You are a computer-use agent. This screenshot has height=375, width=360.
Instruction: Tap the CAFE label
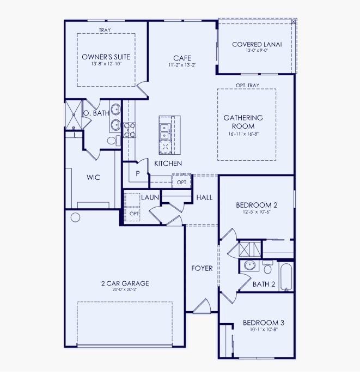[x=181, y=58]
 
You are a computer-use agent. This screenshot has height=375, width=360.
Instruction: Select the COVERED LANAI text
[x=257, y=45]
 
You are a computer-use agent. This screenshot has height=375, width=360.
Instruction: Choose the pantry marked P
[x=138, y=173]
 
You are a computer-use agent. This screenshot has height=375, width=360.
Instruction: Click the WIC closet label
[x=93, y=178]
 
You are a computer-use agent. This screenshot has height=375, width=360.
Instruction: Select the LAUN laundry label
[x=149, y=197]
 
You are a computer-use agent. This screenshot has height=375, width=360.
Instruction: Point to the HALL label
[x=204, y=197]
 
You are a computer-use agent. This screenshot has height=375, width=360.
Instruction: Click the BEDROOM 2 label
[x=257, y=205]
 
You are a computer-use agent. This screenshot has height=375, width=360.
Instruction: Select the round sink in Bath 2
[x=250, y=265]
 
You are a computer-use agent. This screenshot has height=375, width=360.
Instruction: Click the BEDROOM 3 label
[x=263, y=322]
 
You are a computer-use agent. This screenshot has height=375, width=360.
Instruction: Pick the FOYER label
[x=202, y=268]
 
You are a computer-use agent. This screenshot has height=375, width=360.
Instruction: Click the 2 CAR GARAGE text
[x=125, y=283]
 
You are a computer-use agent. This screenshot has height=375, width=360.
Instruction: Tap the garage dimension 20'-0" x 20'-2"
[x=125, y=290]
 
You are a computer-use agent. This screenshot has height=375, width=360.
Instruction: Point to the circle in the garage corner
[x=75, y=217]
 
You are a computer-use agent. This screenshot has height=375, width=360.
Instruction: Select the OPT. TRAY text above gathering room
[x=247, y=86]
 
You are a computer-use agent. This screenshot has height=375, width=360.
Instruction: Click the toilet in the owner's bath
[x=113, y=141]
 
